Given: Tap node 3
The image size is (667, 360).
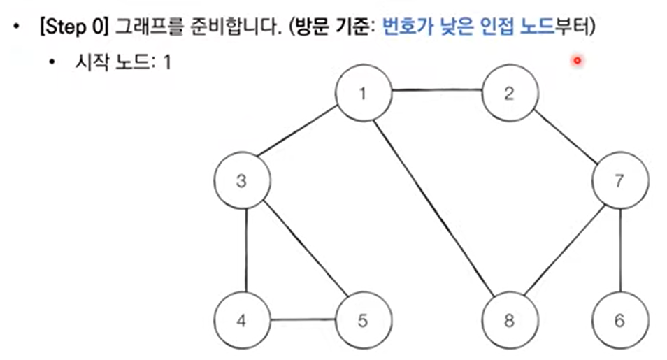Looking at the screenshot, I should [x=242, y=181].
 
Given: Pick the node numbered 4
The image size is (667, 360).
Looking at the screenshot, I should [x=242, y=321].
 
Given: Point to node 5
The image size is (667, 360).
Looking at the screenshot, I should [x=362, y=321].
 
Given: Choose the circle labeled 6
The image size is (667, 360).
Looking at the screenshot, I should [x=619, y=321].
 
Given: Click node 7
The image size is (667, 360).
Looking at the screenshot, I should [x=619, y=181].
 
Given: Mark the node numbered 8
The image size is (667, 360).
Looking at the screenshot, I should [x=509, y=321].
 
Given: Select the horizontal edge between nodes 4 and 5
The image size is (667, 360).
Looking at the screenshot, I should [x=302, y=321].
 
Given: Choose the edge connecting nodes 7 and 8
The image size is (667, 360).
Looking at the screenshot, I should [x=565, y=250].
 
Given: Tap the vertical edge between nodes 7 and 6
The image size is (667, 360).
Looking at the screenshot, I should [x=620, y=251].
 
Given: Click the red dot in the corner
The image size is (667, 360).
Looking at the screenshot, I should [x=577, y=61].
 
